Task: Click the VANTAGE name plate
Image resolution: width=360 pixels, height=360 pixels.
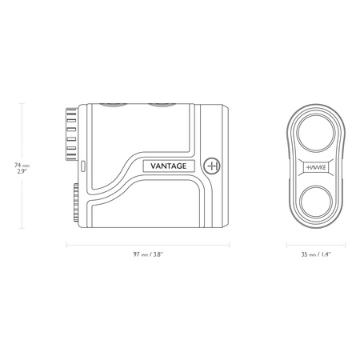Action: pos(169,166)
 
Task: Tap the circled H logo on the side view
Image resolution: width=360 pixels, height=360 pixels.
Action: pos(212,166)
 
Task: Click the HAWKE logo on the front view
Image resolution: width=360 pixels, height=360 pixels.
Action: pos(316,167)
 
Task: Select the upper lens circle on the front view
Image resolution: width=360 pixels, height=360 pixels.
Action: pos(316,132)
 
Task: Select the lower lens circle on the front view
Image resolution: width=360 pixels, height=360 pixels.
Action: pos(316,202)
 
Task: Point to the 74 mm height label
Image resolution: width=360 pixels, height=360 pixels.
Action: pos(22,166)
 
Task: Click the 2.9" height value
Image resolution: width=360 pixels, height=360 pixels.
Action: pos(22,172)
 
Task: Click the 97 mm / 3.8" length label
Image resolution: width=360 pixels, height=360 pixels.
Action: pos(148,254)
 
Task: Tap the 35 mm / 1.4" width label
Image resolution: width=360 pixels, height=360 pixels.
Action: pos(316,254)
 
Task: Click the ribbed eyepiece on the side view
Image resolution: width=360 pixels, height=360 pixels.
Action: pos(71,134)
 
